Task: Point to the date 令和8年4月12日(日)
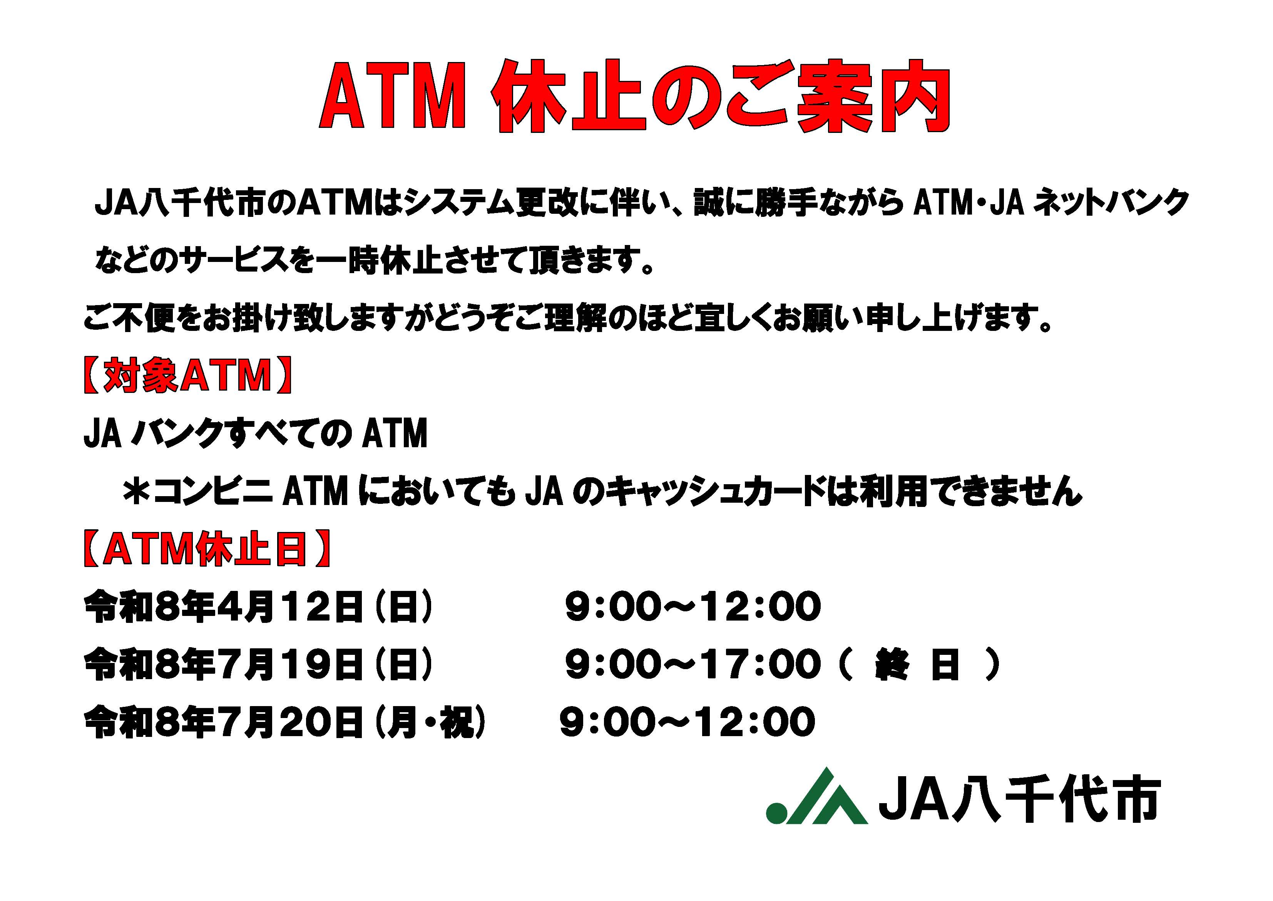point(258,606)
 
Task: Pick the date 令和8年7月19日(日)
point(258,664)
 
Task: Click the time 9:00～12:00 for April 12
point(693,606)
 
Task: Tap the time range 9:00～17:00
point(693,664)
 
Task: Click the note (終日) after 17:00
point(921,664)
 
